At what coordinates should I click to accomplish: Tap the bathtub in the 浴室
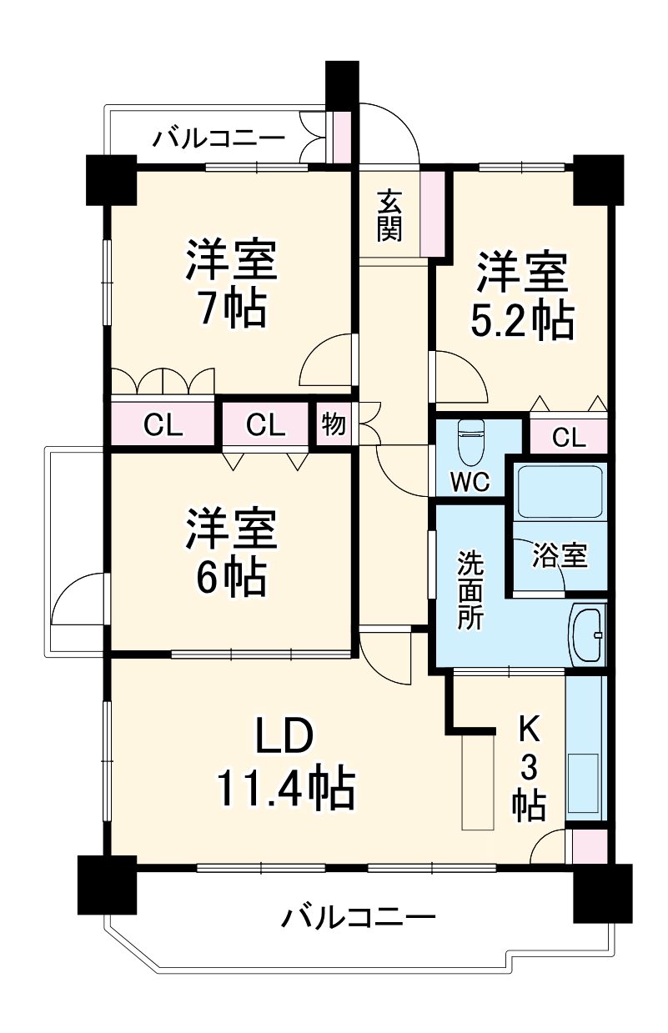pyautogui.click(x=560, y=492)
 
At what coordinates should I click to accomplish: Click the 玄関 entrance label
pyautogui.click(x=389, y=215)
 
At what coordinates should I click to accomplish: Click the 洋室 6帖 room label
pyautogui.click(x=226, y=551)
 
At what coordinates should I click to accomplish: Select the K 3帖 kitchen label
pyautogui.click(x=529, y=767)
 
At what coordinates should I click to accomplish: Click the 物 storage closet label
pyautogui.click(x=334, y=424)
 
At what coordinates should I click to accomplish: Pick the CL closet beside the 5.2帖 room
pyautogui.click(x=569, y=436)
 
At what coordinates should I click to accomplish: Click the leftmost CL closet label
pyautogui.click(x=163, y=425)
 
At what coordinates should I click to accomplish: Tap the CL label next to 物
pyautogui.click(x=266, y=425)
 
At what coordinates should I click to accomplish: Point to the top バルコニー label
pyautogui.click(x=218, y=137)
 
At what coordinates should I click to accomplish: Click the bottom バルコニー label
pyautogui.click(x=358, y=919)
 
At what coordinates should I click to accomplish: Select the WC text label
pyautogui.click(x=470, y=482)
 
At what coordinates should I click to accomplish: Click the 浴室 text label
pyautogui.click(x=560, y=555)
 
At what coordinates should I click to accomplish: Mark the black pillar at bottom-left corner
pyautogui.click(x=107, y=885)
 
